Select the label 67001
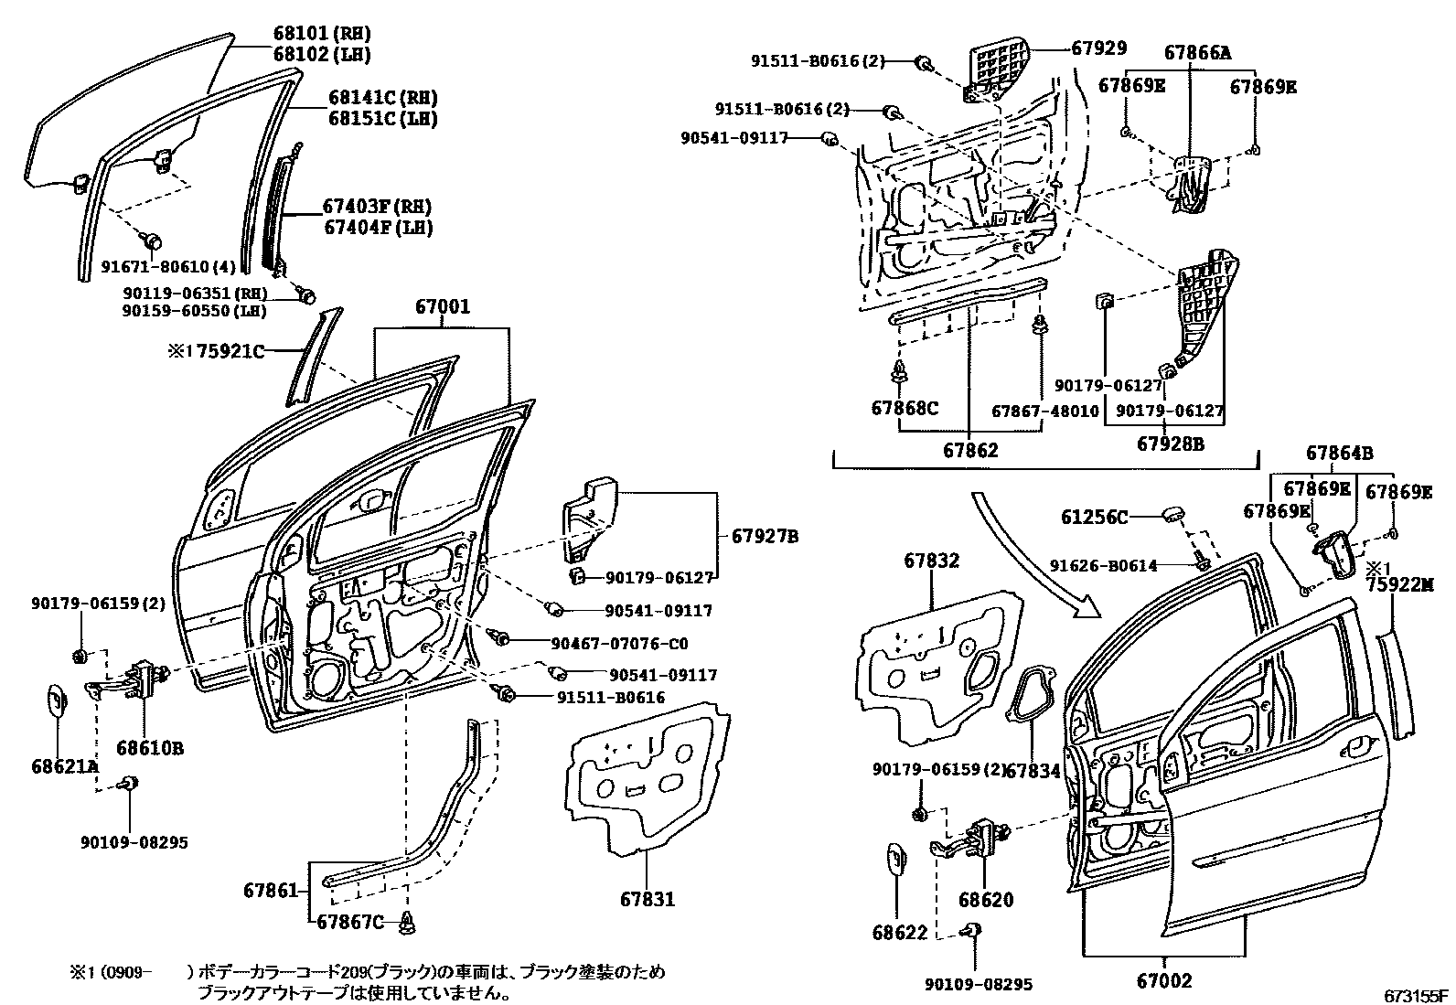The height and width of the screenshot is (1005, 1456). pyautogui.click(x=443, y=306)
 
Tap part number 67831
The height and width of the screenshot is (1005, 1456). pyautogui.click(x=646, y=899)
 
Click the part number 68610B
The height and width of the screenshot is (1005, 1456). pyautogui.click(x=153, y=748)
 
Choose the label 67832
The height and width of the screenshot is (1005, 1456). pyautogui.click(x=932, y=561)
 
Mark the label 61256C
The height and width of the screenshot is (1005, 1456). pyautogui.click(x=1095, y=518)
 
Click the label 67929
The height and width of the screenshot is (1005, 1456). pyautogui.click(x=1099, y=48)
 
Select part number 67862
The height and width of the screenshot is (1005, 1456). pyautogui.click(x=970, y=450)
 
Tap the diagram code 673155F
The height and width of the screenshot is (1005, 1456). pyautogui.click(x=1417, y=995)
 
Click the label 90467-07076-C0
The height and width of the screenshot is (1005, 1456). pyautogui.click(x=619, y=642)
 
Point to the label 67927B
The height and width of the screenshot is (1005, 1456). pyautogui.click(x=765, y=537)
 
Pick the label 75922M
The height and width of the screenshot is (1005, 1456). pyautogui.click(x=1399, y=585)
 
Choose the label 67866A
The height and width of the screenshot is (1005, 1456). pyautogui.click(x=1197, y=52)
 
